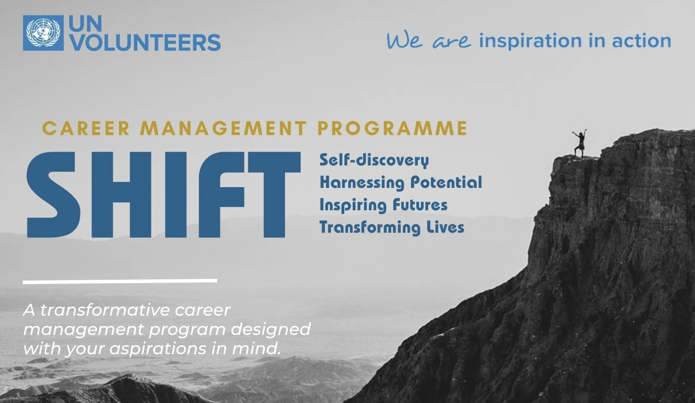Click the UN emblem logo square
pos(43,33)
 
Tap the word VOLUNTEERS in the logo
pos(145,42)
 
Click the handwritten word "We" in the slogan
pos(404,41)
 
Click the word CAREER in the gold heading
pos(86,128)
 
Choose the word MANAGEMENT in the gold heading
pos(223,128)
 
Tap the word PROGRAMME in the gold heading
pos(392,128)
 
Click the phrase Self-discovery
pos(374,160)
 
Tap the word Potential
pos(446,182)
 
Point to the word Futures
pos(420,205)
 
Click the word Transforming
pos(370,228)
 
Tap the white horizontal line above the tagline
pos(120,281)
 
